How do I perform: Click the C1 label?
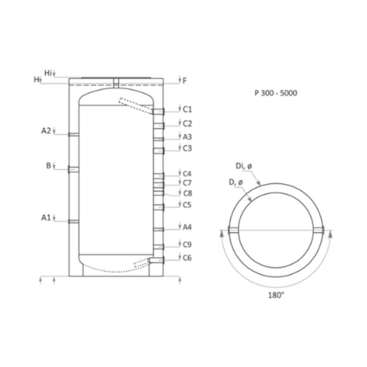[x=187, y=109]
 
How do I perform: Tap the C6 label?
[x=187, y=258]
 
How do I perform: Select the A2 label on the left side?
[x=46, y=131]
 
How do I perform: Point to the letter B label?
[x=48, y=166]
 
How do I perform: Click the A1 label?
[x=46, y=217]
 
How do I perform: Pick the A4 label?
[x=187, y=227]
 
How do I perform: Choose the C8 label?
[x=188, y=193]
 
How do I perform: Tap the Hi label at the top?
[x=48, y=73]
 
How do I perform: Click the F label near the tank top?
[x=185, y=81]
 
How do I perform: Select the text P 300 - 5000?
[x=276, y=93]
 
